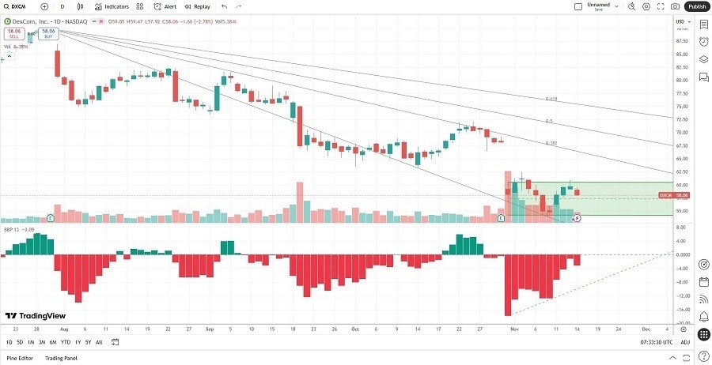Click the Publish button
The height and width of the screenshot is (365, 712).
point(695,6)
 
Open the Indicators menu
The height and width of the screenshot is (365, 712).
point(112,6)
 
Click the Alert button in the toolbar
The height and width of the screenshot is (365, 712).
point(165,6)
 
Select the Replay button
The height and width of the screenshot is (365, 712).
point(198,6)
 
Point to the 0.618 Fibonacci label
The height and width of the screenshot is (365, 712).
point(551,99)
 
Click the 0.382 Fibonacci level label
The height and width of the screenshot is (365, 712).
point(551,143)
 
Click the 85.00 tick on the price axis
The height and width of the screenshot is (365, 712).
point(680,54)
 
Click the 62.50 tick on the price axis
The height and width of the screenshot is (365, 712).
point(680,171)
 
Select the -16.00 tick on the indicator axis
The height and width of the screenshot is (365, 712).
point(680,310)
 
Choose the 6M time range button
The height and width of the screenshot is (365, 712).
point(53,342)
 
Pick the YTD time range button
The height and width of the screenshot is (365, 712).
point(65,342)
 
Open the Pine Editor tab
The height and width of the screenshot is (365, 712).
point(21,358)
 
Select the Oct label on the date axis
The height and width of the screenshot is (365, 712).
point(355,328)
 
